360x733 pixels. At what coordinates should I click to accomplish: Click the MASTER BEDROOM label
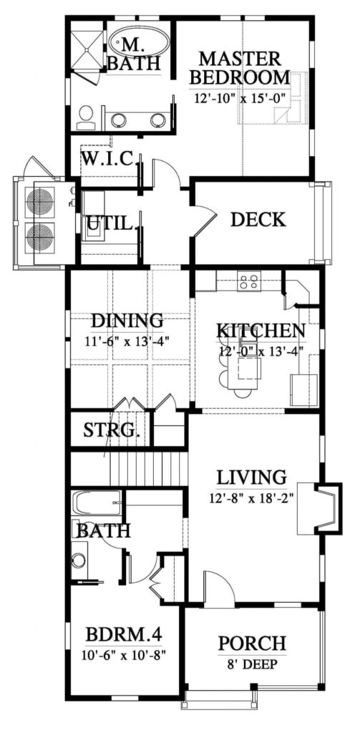click(x=245, y=67)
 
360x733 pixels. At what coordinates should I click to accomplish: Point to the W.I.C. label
click(x=109, y=159)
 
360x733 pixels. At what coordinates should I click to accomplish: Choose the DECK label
click(x=258, y=219)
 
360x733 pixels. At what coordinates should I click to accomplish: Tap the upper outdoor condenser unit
click(x=40, y=203)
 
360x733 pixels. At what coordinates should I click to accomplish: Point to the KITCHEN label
click(x=261, y=331)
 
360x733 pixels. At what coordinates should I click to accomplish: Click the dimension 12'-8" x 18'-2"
click(x=252, y=495)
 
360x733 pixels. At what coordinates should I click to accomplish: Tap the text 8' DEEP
click(x=252, y=663)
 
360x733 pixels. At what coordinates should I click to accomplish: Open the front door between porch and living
click(x=218, y=588)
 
